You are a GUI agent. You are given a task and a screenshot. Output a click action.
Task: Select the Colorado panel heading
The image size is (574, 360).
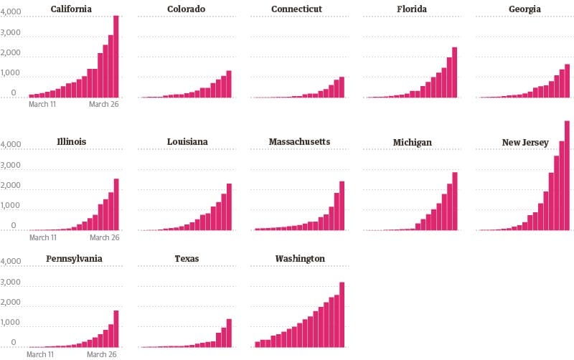pos(186,9)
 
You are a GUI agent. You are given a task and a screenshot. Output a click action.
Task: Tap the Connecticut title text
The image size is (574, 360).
pos(296,9)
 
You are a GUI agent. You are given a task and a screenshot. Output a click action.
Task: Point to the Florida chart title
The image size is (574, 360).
pos(412,9)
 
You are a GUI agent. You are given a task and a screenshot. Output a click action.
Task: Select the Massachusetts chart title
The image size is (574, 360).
pos(299,142)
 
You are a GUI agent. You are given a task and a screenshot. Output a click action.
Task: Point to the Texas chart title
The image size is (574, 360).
pos(186,258)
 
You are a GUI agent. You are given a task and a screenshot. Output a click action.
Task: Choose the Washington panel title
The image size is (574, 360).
pos(300,258)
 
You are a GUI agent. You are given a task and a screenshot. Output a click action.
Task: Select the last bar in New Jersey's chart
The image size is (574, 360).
pos(567,176)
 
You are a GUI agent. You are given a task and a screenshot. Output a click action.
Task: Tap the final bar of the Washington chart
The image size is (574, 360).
pos(342,315)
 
